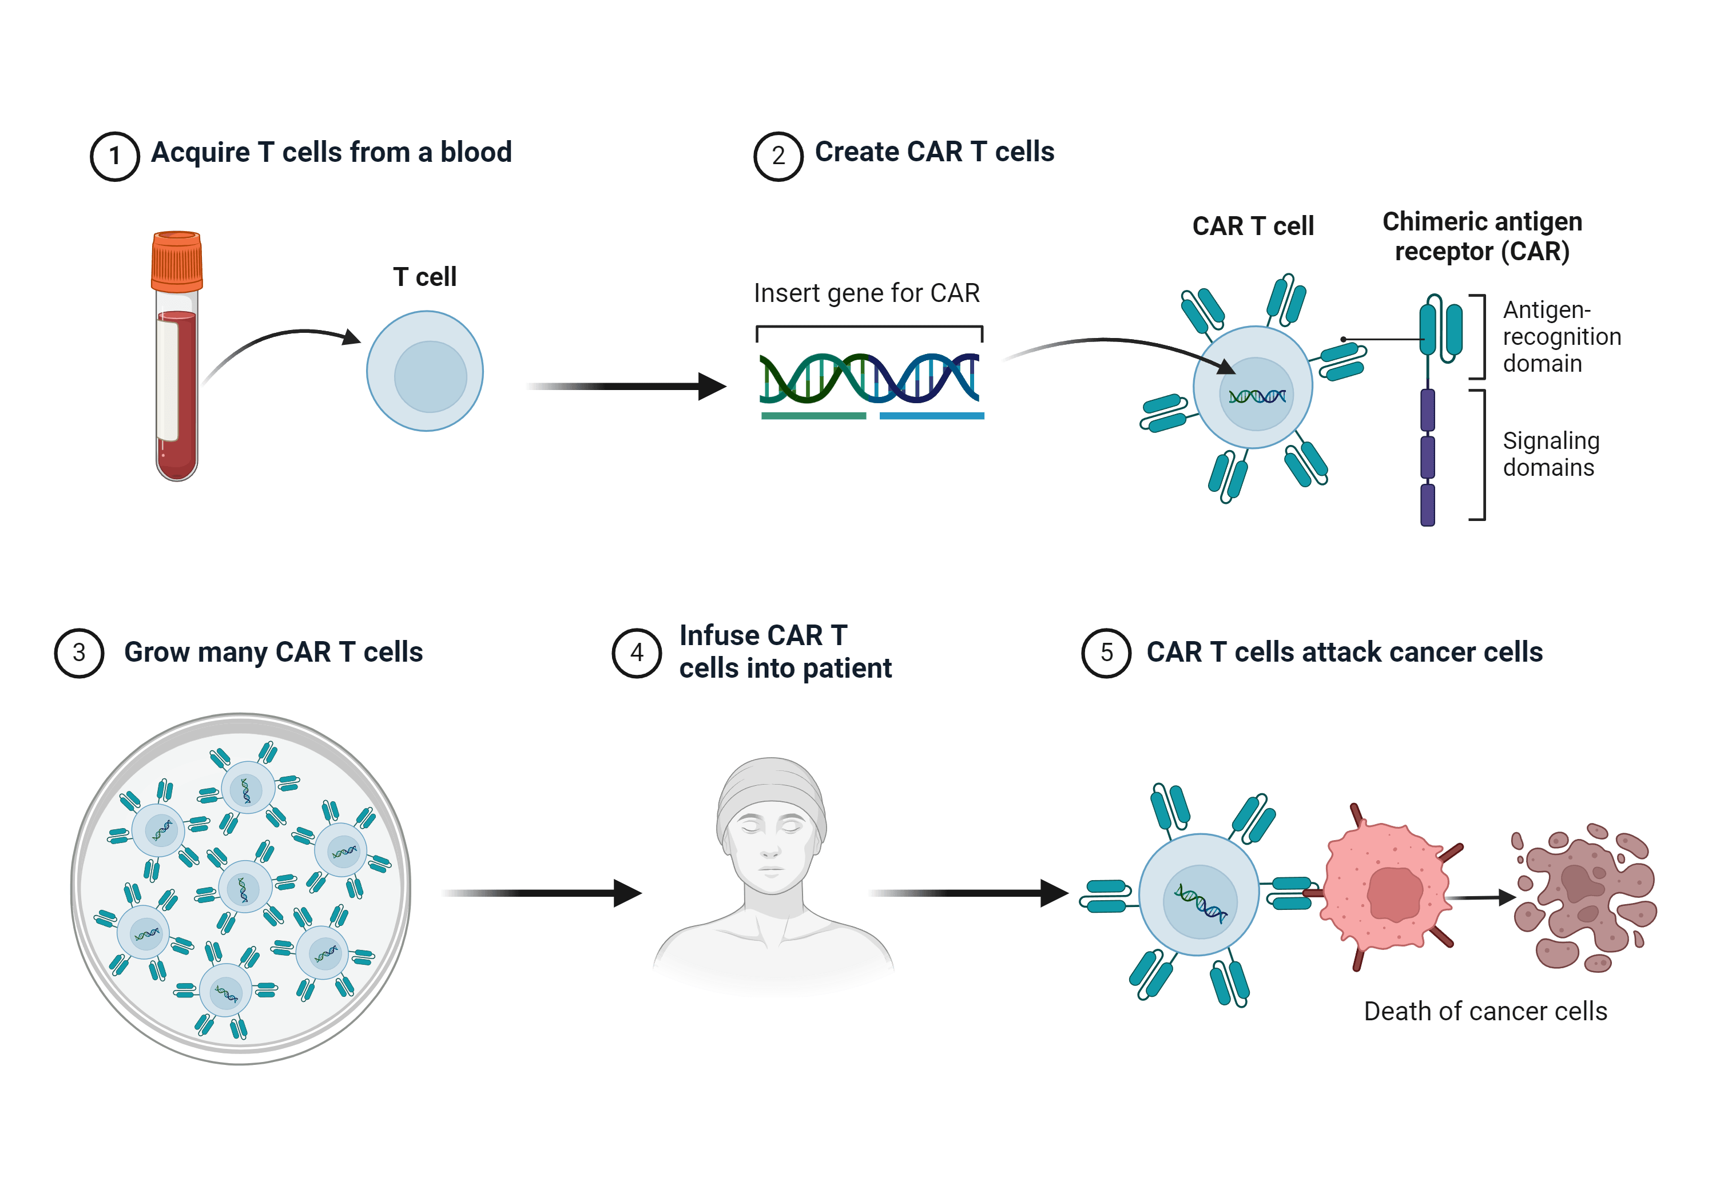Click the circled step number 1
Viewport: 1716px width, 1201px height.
114,156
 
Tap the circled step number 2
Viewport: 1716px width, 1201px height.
778,156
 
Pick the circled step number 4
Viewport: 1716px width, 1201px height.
637,653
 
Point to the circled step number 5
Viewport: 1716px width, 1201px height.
1106,653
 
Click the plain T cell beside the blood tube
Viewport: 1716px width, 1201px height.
425,371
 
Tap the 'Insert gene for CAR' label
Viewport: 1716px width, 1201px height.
866,293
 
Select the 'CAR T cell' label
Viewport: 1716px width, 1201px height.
1253,226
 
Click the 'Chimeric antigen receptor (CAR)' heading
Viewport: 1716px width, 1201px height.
1482,236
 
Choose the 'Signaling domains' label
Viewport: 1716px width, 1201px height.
1551,454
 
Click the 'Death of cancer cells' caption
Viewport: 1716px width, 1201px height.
1485,1011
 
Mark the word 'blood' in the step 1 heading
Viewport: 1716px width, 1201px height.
475,153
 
